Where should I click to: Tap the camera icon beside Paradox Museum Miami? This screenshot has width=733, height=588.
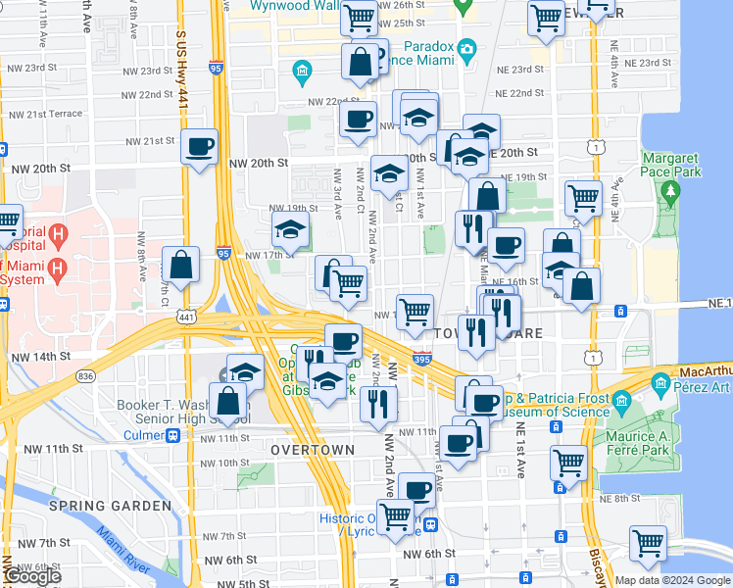[x=467, y=48]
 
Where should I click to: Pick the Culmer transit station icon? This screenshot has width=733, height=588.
[x=172, y=434]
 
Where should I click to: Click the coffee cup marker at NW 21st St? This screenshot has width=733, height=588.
[x=200, y=147]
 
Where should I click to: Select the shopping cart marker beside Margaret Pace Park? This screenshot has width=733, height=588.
[x=583, y=197]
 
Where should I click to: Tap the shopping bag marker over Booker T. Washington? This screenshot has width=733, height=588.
[x=228, y=402]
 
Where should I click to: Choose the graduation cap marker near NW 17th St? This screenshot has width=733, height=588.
[x=290, y=232]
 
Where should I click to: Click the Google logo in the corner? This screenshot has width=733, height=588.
[x=32, y=576]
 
